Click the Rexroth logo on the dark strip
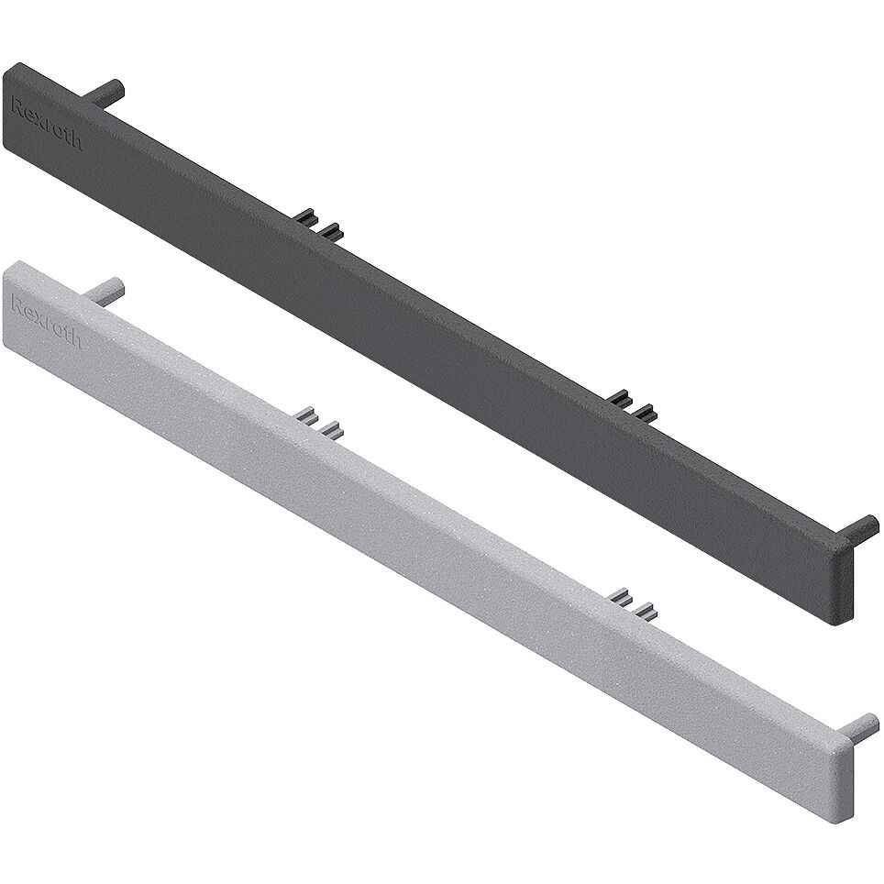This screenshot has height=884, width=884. [46, 124]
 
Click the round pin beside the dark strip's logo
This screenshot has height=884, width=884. [106, 91]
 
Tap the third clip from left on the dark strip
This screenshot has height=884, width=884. [619, 398]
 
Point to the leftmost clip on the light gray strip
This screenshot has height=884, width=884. [305, 414]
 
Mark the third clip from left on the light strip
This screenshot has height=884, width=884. [619, 596]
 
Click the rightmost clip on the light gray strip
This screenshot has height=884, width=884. [647, 610]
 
